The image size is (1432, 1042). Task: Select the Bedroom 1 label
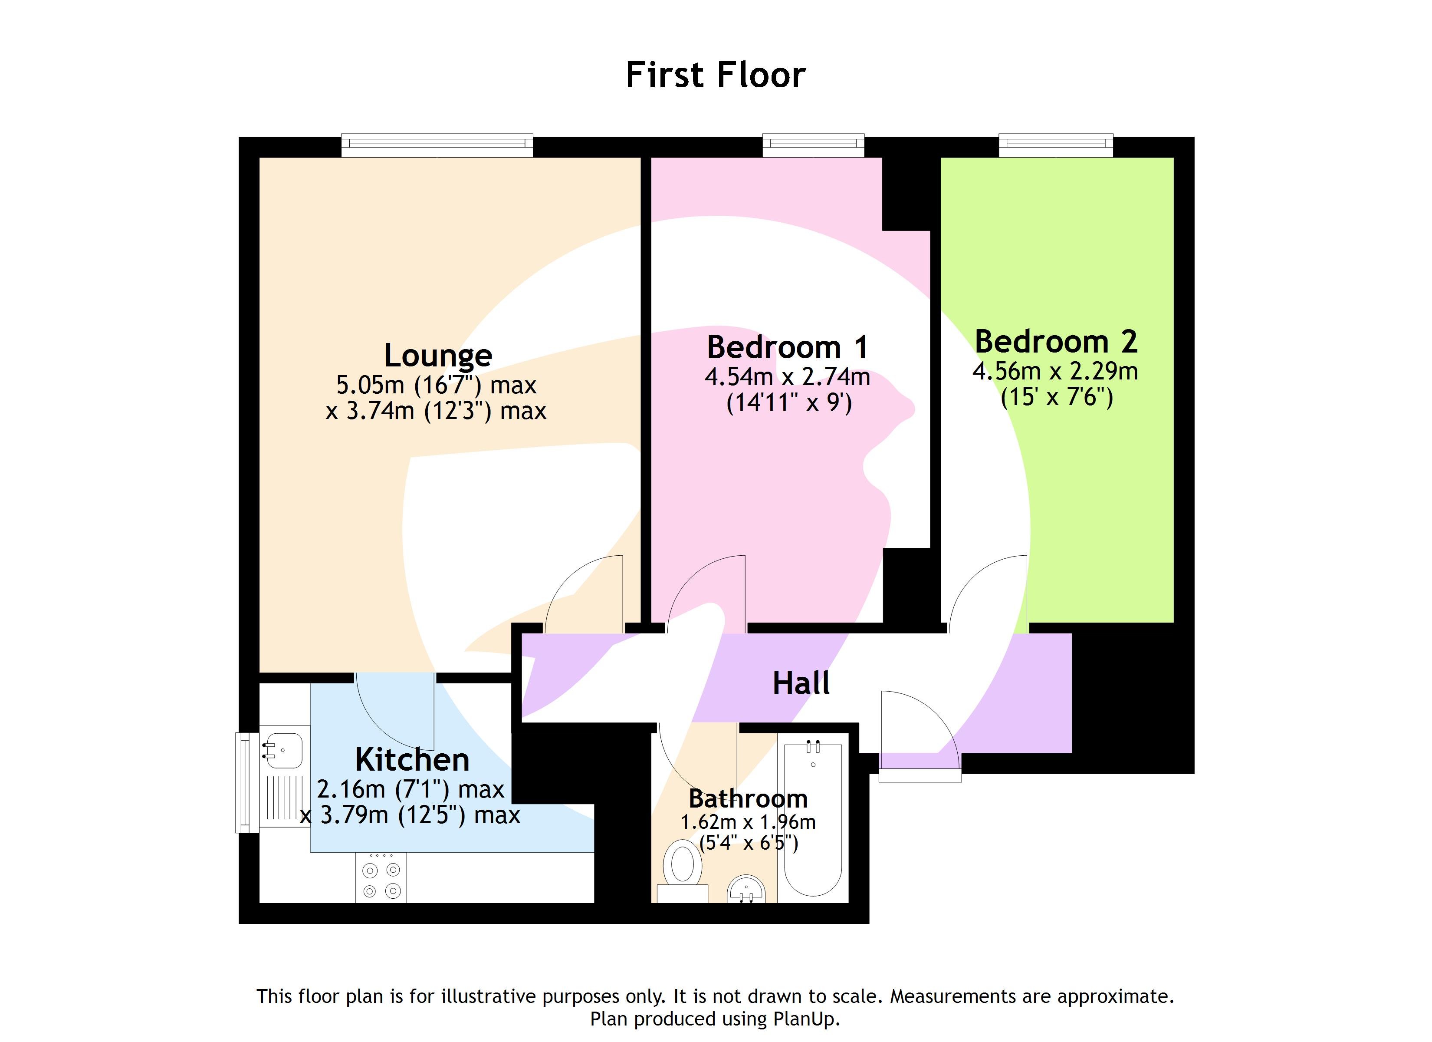[787, 347]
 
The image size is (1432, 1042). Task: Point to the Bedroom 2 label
[1056, 342]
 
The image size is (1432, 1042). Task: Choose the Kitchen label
[412, 759]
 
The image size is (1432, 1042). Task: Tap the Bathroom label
[748, 799]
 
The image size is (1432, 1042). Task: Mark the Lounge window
[437, 145]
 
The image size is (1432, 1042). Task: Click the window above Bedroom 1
[813, 145]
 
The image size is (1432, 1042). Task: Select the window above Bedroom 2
[1056, 145]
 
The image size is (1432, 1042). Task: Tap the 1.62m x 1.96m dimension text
[748, 823]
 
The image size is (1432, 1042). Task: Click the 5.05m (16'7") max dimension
[436, 385]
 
